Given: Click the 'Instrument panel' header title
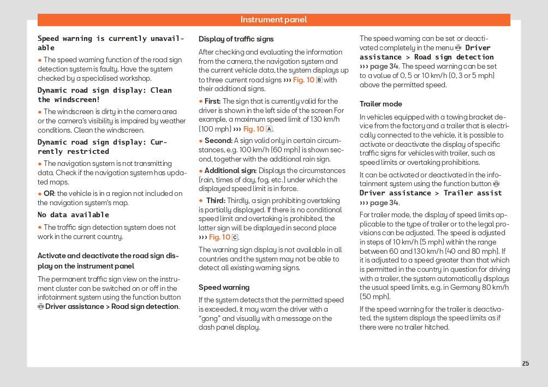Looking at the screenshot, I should [273, 20].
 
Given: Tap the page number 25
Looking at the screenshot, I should [525, 364].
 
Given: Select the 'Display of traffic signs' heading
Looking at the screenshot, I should [236, 39].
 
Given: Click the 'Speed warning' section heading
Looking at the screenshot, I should [224, 287].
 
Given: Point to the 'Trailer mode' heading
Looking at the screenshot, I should [380, 104].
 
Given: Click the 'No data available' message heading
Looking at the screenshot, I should [73, 215].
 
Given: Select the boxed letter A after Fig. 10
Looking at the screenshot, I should [269, 129].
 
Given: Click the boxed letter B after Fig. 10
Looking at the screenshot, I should [319, 80].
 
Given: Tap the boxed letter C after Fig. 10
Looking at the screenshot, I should [235, 237].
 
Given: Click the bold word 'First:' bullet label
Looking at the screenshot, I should [212, 101].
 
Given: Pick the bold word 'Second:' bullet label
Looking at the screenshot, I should [218, 140].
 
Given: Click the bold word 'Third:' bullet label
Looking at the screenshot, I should [215, 200].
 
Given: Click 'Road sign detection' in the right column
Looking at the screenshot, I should [454, 57].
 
